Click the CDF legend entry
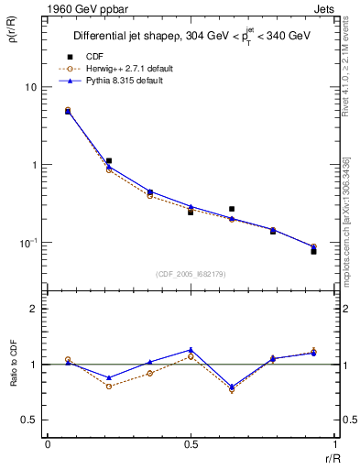click(x=94, y=57)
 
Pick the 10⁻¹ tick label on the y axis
click(x=30, y=243)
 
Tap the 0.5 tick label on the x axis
click(x=191, y=443)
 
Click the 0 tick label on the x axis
click(x=48, y=443)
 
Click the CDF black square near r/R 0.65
click(x=232, y=209)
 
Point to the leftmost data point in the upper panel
click(x=68, y=111)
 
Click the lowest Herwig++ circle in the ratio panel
click(x=232, y=389)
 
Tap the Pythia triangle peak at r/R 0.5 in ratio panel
click(x=191, y=350)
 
